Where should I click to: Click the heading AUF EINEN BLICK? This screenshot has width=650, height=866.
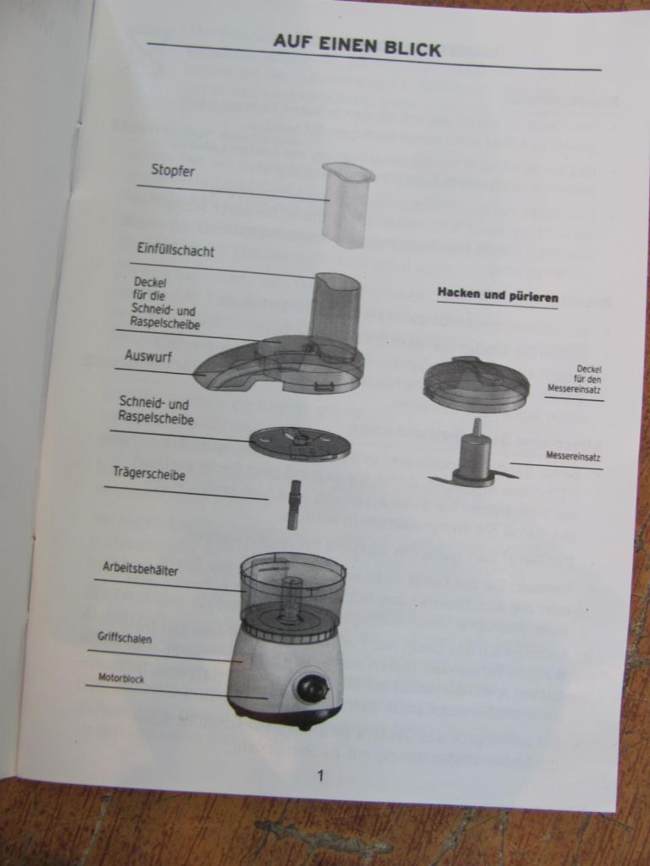[357, 46]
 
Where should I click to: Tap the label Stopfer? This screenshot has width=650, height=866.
[173, 170]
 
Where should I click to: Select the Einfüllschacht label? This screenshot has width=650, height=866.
[175, 250]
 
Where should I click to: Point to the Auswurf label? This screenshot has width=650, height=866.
[148, 356]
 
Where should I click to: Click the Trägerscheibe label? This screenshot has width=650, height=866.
[149, 474]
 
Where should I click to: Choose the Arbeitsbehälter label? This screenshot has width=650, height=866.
[140, 569]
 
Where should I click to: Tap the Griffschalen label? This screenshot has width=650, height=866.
[124, 638]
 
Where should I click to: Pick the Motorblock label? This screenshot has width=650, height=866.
[121, 677]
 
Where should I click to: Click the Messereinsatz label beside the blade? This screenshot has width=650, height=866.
[573, 456]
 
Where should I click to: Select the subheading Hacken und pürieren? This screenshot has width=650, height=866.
[498, 295]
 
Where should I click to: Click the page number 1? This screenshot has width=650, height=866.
[320, 776]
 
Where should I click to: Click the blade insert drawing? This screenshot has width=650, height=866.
[473, 456]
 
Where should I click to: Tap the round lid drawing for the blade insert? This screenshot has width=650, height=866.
[476, 384]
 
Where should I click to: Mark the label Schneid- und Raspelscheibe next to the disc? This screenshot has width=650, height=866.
[157, 411]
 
